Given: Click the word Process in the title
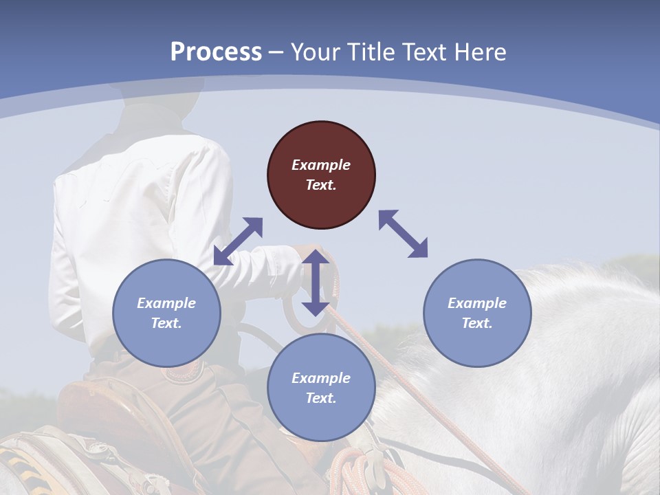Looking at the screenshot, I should pyautogui.click(x=216, y=52).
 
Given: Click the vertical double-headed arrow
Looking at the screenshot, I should pyautogui.click(x=316, y=283).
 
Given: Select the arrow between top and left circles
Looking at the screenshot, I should pyautogui.click(x=238, y=241).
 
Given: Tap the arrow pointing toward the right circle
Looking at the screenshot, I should pyautogui.click(x=404, y=234).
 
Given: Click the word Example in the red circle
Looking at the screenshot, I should pyautogui.click(x=321, y=165).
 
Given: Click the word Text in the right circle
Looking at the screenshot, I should pyautogui.click(x=477, y=323).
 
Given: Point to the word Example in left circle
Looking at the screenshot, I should pyautogui.click(x=166, y=303).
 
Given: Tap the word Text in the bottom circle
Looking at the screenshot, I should pyautogui.click(x=321, y=398).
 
